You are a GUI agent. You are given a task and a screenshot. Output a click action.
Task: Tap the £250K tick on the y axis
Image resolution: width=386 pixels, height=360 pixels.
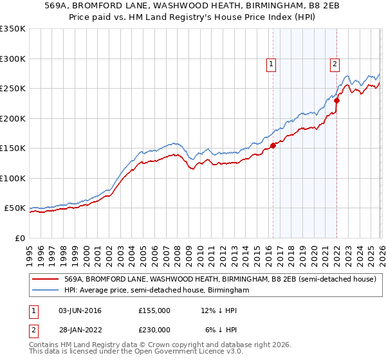pos(13,89)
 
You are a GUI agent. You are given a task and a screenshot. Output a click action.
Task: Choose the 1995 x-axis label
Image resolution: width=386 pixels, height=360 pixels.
pos(30,251)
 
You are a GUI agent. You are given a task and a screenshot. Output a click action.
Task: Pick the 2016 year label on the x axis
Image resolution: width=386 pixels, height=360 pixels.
pos(268,251)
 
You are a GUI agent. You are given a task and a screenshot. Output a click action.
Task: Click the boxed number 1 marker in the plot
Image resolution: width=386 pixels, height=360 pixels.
pos(271,64)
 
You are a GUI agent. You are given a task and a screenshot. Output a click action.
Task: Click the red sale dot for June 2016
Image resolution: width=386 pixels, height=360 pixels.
pos(273,145)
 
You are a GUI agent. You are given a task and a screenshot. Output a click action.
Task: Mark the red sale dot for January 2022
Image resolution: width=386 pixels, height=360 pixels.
pos(336,101)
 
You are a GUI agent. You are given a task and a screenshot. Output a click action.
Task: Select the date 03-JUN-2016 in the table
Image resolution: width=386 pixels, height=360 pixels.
pos(80,310)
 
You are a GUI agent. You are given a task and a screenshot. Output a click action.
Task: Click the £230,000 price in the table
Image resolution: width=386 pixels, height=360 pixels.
pos(154,329)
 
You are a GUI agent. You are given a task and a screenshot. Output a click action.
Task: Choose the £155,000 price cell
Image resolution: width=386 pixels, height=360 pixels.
pos(154,310)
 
